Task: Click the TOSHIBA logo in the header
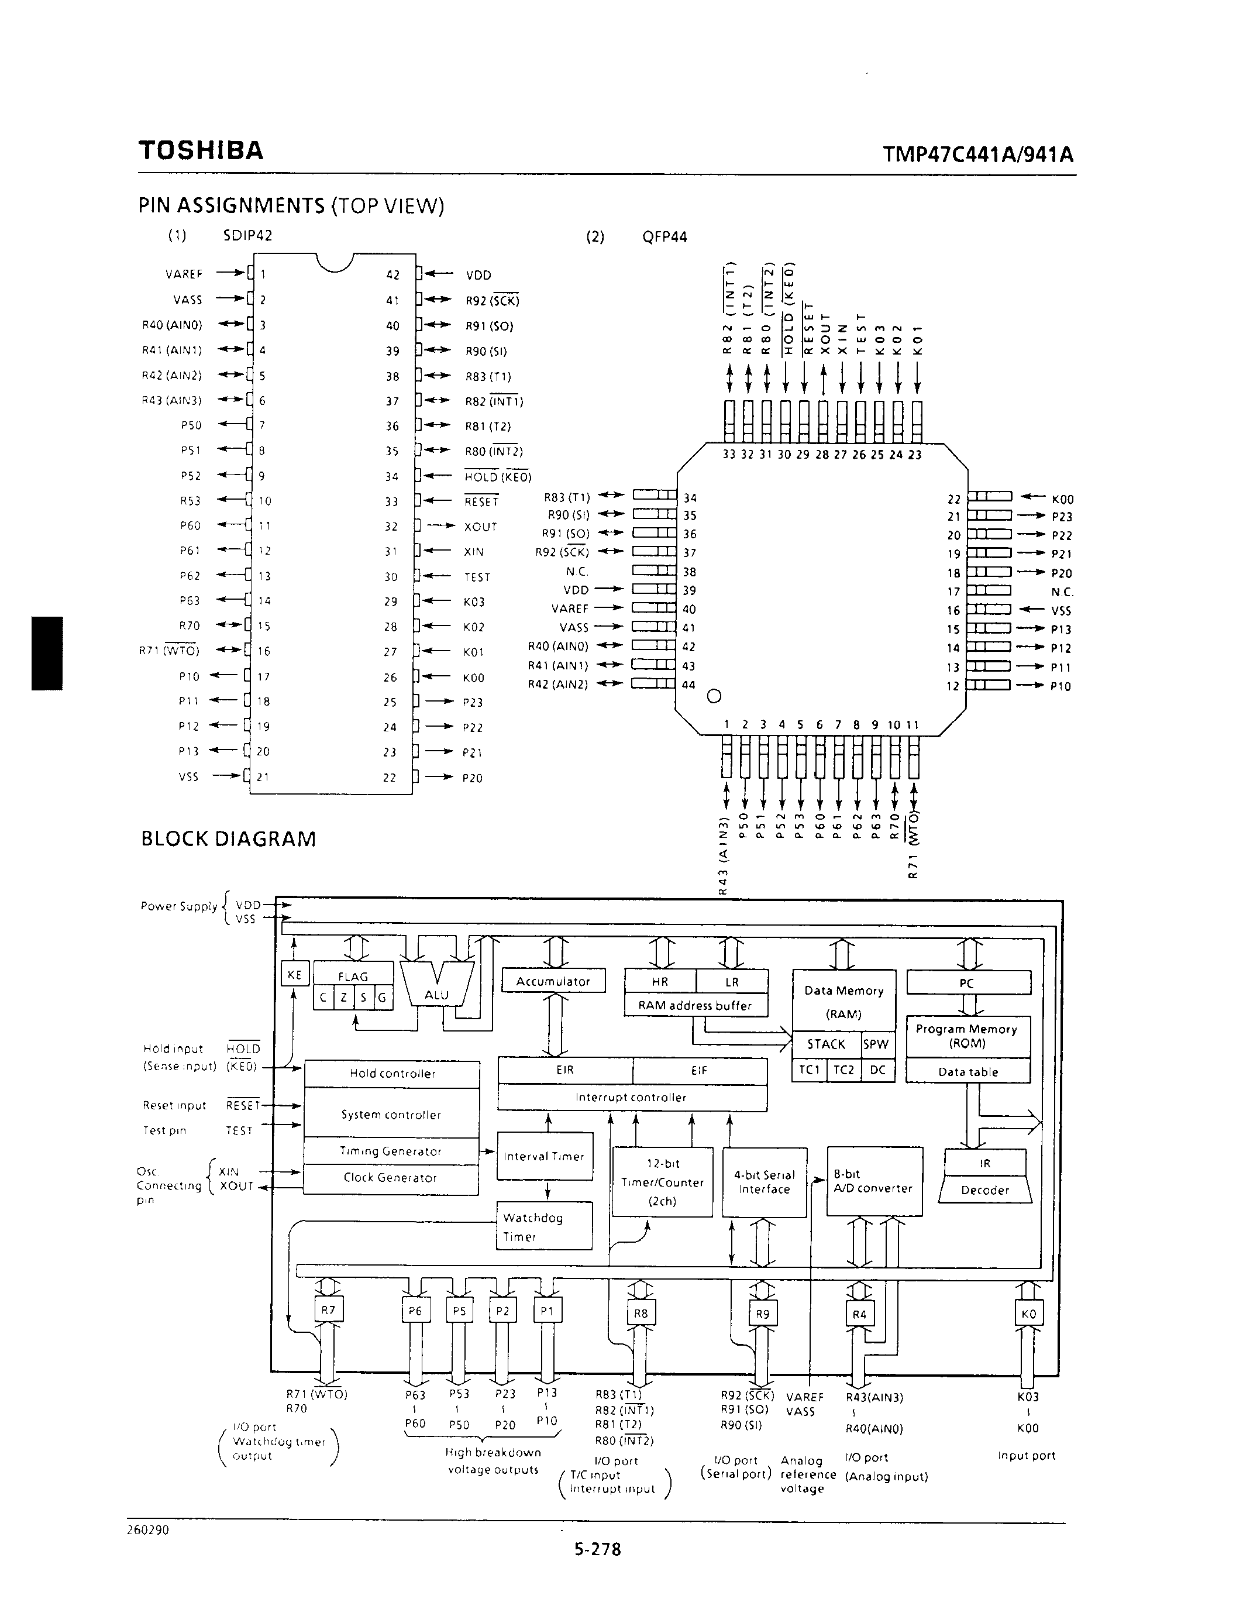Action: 200,150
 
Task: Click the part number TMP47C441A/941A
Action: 977,154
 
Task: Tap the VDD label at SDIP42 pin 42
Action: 478,275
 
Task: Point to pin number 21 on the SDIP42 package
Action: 263,776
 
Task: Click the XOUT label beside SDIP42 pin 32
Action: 480,527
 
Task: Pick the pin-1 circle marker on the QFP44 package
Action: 714,696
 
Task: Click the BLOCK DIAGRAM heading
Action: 228,839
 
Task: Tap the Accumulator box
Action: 553,981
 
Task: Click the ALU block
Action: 437,987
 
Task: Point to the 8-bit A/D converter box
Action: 874,1181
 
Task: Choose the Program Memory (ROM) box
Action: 967,1036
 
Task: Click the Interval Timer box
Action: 544,1157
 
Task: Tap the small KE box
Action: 294,974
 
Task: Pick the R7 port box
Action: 328,1310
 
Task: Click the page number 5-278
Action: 597,1549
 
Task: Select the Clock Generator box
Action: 390,1178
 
